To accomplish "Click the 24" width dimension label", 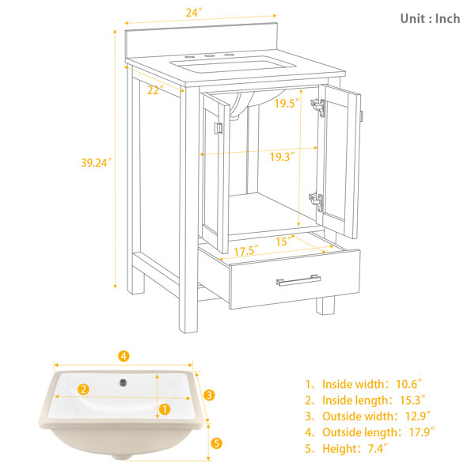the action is pyautogui.click(x=194, y=13).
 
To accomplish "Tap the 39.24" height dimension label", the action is pyautogui.click(x=96, y=163).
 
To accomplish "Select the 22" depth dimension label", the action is pyautogui.click(x=155, y=90).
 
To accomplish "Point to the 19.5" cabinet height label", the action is pyautogui.click(x=287, y=103).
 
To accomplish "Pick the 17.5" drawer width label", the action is pyautogui.click(x=246, y=250).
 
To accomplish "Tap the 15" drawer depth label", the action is pyautogui.click(x=285, y=241).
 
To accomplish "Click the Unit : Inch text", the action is pyautogui.click(x=430, y=19).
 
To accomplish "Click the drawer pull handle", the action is pyautogui.click(x=298, y=280).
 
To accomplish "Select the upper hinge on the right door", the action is pyautogui.click(x=318, y=107).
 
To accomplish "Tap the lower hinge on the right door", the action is pyautogui.click(x=316, y=201).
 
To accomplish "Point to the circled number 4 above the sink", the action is pyautogui.click(x=123, y=356).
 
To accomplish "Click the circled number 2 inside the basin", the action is pyautogui.click(x=83, y=389).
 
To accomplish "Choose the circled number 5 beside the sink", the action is pyautogui.click(x=216, y=443).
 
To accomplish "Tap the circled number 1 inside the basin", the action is pyautogui.click(x=165, y=409).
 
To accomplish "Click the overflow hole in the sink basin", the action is pyautogui.click(x=123, y=382).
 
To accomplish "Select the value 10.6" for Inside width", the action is pyautogui.click(x=408, y=384).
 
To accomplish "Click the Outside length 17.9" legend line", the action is pyautogui.click(x=370, y=432).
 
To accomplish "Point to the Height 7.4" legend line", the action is pyautogui.click(x=346, y=448).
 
